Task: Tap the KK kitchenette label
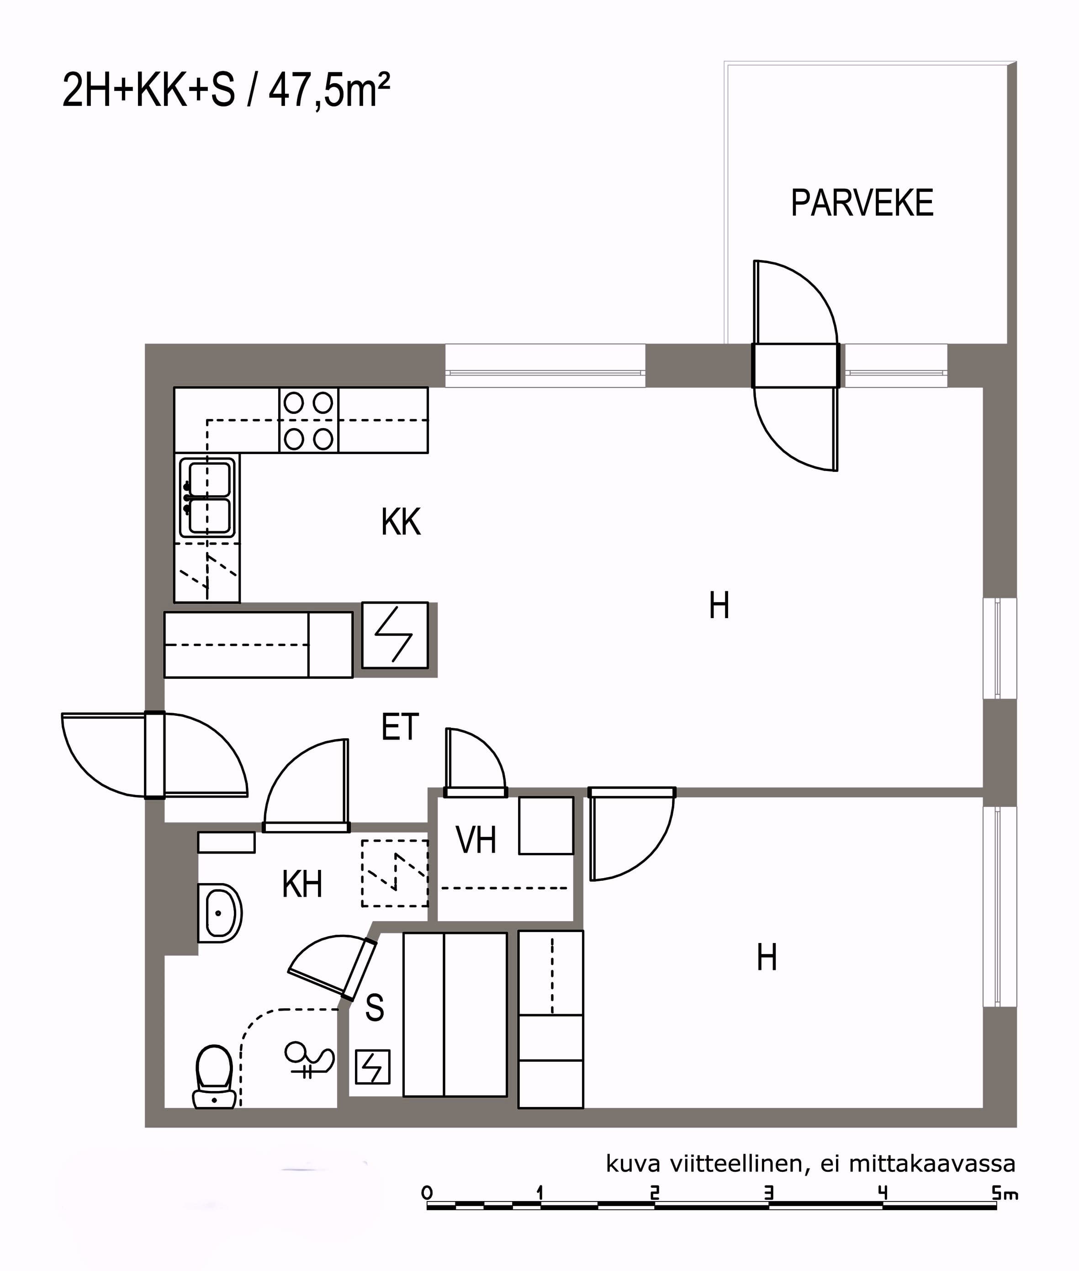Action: click(x=401, y=522)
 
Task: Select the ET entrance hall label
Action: click(x=400, y=727)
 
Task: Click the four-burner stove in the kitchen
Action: click(x=309, y=421)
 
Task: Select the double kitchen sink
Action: click(x=207, y=498)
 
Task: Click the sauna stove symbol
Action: click(x=372, y=1067)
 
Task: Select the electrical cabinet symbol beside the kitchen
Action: click(x=395, y=635)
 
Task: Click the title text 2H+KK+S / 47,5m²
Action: click(x=226, y=90)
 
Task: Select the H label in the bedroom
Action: click(x=767, y=958)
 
